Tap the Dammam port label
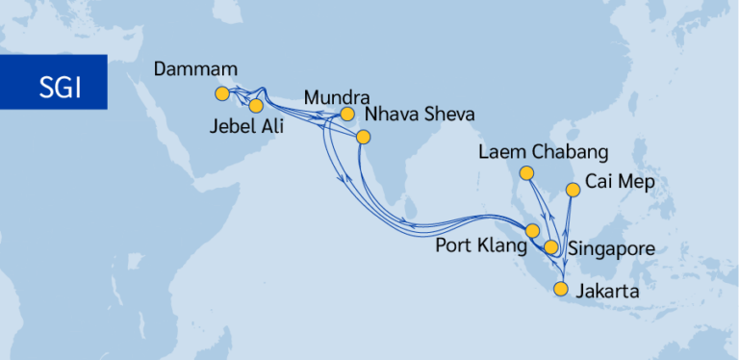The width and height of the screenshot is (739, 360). pyautogui.click(x=195, y=71)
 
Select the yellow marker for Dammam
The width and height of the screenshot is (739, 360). pyautogui.click(x=222, y=93)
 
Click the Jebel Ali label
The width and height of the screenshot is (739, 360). pyautogui.click(x=244, y=126)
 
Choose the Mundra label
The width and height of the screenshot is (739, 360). pyautogui.click(x=337, y=97)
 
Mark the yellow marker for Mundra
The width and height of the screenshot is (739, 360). pyautogui.click(x=348, y=115)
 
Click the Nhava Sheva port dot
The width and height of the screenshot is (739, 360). pyautogui.click(x=363, y=137)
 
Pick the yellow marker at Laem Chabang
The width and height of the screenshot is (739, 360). pyautogui.click(x=526, y=173)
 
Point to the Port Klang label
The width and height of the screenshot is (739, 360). pyautogui.click(x=481, y=245)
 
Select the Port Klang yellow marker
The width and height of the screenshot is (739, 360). pyautogui.click(x=531, y=230)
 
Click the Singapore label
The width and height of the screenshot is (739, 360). pyautogui.click(x=612, y=248)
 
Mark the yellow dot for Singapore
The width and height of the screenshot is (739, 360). pyautogui.click(x=551, y=247)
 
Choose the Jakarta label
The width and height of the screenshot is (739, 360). pyautogui.click(x=607, y=288)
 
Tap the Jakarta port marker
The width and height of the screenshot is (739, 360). pyautogui.click(x=562, y=288)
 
